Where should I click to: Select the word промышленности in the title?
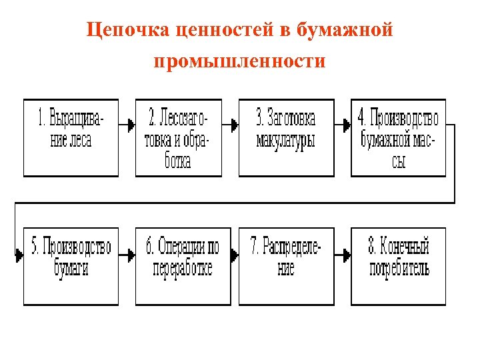[239, 61]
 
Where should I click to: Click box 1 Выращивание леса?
[71, 138]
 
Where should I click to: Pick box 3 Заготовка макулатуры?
[286, 138]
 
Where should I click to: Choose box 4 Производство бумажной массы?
[399, 138]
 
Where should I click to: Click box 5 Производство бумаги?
[71, 266]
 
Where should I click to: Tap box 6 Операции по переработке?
[183, 266]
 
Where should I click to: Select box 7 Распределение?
[286, 266]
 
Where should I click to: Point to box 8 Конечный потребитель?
[399, 266]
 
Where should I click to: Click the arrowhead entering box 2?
[131, 124]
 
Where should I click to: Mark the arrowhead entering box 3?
[235, 124]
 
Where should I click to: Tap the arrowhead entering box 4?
[347, 124]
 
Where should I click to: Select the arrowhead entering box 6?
[131, 255]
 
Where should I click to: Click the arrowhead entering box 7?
[235, 255]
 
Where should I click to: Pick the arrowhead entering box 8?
[347, 255]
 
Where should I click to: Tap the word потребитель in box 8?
[399, 269]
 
